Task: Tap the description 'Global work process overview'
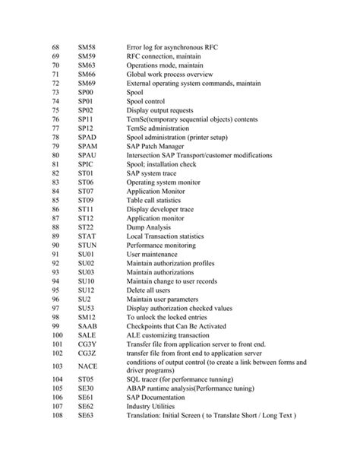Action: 168,75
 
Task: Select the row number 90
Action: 55,246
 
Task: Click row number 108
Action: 57,416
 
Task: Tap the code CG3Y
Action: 87,344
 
